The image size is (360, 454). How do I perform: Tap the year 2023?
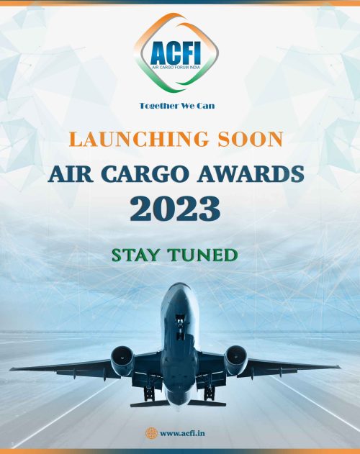pos(180,208)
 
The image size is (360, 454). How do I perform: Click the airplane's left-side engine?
pos(122,358)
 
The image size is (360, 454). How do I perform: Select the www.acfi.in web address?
pos(185,432)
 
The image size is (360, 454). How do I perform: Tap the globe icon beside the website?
pos(150,432)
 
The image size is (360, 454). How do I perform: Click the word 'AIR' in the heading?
pos(71,173)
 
